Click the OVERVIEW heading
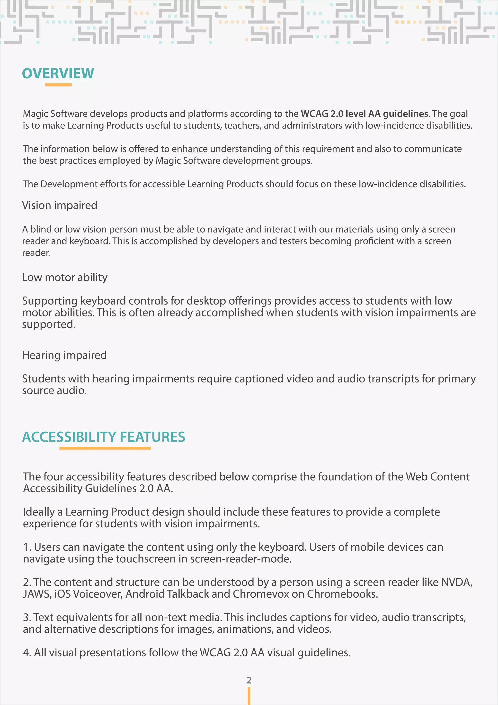(58, 74)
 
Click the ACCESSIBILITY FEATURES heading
(104, 437)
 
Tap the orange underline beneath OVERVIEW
(58, 85)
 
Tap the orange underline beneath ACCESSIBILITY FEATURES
(105, 449)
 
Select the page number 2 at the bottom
(249, 680)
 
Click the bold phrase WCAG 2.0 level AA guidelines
(365, 114)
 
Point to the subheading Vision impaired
(60, 205)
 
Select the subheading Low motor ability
(65, 277)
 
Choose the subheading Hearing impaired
(64, 355)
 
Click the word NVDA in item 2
(456, 582)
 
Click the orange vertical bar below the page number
(249, 696)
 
